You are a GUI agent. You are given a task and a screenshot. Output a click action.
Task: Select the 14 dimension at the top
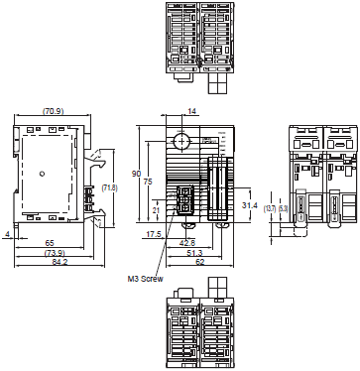click(x=192, y=111)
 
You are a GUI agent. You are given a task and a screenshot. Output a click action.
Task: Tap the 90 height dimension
click(x=137, y=175)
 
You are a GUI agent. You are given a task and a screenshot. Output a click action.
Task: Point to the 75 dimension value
click(x=149, y=182)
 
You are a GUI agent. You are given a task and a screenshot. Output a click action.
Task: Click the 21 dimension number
click(x=156, y=210)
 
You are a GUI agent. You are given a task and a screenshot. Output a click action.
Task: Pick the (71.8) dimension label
click(x=111, y=186)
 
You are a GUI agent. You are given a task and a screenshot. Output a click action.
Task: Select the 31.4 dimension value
click(x=250, y=204)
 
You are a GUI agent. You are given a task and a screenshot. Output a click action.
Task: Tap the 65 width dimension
click(x=50, y=242)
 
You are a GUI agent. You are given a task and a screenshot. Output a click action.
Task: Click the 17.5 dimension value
click(x=154, y=235)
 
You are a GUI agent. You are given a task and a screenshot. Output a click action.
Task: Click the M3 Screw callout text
click(x=145, y=279)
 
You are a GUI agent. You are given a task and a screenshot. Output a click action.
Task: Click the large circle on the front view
click(x=180, y=140)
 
